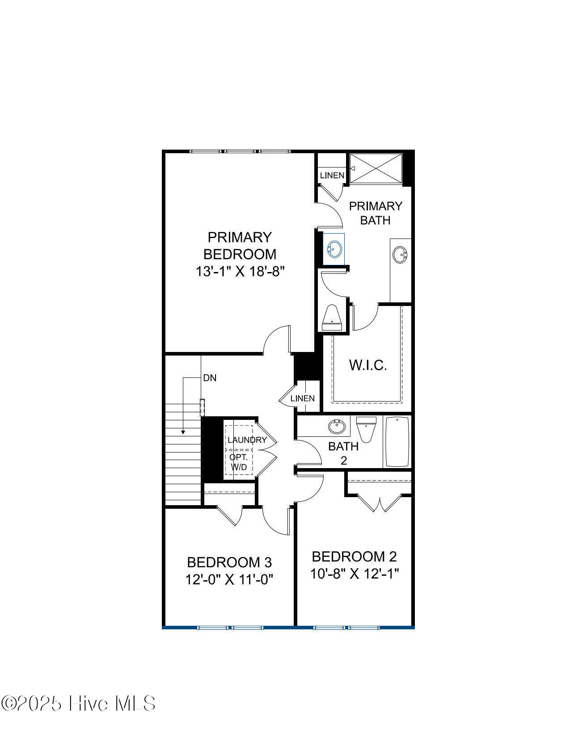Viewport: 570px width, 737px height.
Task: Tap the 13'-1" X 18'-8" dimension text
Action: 240,271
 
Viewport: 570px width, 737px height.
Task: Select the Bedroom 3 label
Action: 229,562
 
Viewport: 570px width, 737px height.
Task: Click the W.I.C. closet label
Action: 368,365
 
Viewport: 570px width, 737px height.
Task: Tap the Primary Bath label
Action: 376,213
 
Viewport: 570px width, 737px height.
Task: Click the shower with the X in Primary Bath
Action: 376,168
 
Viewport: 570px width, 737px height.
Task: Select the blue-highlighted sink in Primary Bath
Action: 334,249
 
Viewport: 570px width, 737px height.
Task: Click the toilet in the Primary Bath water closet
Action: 332,318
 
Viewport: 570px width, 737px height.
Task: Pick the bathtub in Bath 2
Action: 397,442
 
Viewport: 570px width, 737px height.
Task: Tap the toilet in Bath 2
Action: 366,429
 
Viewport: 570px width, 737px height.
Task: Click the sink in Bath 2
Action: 337,427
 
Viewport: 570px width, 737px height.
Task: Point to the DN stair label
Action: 210,378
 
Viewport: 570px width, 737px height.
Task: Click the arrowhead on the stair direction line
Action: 183,432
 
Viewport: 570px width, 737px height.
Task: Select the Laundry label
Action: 247,440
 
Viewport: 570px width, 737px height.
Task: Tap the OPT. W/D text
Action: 239,462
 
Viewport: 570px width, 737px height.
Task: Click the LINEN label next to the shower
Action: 332,176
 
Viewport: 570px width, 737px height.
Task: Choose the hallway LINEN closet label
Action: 303,398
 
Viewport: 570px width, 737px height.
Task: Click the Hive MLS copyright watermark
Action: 78,703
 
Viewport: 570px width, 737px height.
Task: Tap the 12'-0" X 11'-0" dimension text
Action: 229,579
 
